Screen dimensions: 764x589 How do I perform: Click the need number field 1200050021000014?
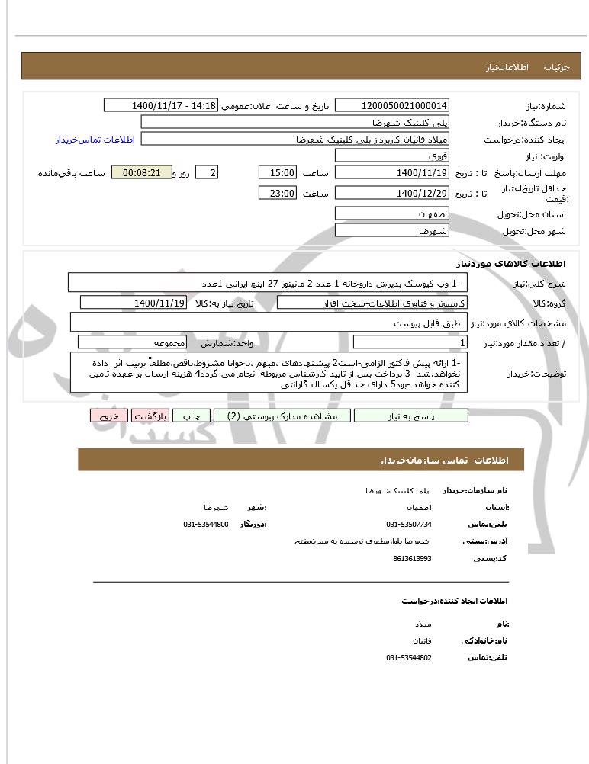coord(392,105)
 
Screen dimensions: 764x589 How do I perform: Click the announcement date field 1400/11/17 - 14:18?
coord(161,105)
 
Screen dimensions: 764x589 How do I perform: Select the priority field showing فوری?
coord(392,156)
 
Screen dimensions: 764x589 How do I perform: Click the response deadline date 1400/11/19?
coord(392,173)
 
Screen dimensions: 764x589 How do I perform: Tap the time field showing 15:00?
coord(278,173)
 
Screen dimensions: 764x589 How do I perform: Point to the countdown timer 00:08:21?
coord(141,173)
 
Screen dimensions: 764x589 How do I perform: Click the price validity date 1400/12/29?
coord(392,194)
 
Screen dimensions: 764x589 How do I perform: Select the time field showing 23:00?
coord(278,194)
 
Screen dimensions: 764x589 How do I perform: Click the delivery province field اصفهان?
coord(392,214)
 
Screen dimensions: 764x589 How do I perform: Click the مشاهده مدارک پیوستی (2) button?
coord(282,416)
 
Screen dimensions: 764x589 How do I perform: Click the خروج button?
coord(108,416)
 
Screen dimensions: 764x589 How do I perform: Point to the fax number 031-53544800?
coord(206,525)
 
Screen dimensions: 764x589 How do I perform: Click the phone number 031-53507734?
coord(409,525)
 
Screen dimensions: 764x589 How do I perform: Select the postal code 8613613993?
coord(412,558)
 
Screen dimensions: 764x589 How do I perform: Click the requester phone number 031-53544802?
coord(409,657)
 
